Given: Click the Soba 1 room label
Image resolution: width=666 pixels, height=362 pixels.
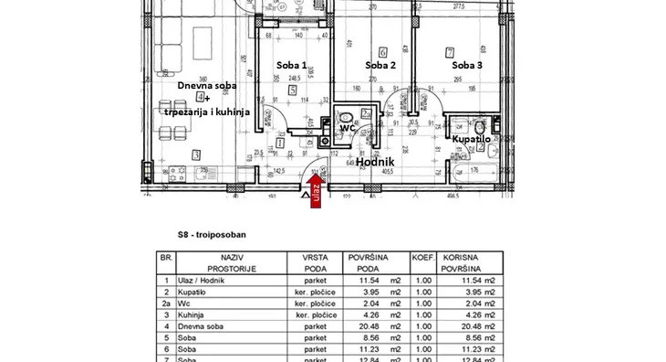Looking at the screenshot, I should (291, 66).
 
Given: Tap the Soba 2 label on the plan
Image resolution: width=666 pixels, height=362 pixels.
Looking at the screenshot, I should (380, 66).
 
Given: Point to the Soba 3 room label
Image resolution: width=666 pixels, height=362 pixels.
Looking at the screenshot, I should (467, 66).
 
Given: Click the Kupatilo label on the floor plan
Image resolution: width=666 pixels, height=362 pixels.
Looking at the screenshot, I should (472, 139).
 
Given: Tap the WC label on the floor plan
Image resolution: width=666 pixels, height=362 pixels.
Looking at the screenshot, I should (346, 129).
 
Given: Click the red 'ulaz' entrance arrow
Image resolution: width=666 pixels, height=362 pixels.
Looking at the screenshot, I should (317, 194).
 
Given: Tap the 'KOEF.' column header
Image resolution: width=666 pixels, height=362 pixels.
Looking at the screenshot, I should (421, 259).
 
